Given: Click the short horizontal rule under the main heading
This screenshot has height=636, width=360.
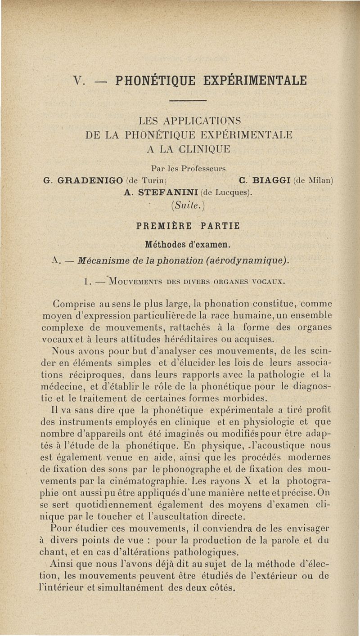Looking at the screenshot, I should (x=189, y=100).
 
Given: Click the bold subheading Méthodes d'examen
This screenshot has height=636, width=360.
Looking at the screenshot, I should (x=188, y=245).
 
